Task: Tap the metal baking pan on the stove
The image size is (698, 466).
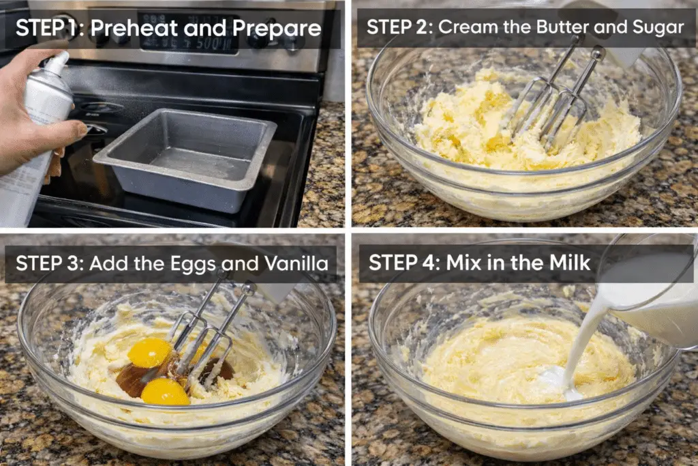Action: coord(185,158)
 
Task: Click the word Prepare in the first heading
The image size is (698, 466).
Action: coord(277,29)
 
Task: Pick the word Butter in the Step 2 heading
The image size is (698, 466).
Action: coord(562,27)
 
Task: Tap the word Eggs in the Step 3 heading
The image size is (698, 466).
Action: coord(194,264)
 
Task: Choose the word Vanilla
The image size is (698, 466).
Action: coord(297,263)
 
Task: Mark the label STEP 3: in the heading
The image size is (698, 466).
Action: coord(50,263)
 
